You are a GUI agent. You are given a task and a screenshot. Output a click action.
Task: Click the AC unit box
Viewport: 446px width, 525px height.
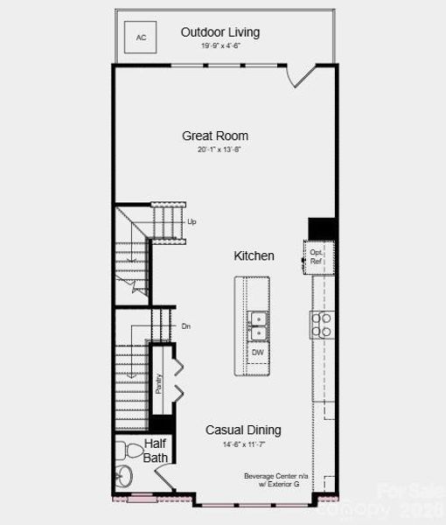141,37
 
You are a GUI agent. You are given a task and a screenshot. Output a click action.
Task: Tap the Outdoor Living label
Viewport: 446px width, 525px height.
220,32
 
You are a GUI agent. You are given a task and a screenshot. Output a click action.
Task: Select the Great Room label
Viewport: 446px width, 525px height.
215,136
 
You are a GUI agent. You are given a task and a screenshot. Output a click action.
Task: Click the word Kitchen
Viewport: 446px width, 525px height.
254,256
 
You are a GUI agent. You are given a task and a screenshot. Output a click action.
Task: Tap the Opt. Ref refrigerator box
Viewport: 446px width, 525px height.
317,256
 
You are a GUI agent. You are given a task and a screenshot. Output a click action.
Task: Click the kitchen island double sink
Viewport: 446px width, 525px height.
258,325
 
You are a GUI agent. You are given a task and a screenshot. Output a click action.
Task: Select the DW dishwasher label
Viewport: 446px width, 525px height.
258,353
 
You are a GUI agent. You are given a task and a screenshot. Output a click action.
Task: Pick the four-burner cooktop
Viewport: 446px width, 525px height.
321,325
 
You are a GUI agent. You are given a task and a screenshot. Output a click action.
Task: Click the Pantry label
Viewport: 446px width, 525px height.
159,384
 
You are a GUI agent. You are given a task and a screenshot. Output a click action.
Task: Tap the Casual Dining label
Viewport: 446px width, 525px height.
243,430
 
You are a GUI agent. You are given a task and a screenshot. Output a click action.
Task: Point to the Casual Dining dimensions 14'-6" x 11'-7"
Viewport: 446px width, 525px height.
244,444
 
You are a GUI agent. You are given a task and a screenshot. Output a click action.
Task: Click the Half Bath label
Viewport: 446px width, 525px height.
156,451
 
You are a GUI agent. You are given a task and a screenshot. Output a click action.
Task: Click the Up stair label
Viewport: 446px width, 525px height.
192,221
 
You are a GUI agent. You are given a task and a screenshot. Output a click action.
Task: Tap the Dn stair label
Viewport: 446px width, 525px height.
185,326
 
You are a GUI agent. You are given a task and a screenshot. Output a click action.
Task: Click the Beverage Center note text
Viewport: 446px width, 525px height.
277,479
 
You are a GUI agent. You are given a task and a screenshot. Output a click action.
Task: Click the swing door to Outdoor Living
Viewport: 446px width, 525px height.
302,76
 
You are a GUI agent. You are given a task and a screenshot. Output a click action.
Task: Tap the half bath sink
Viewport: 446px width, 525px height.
123,478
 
